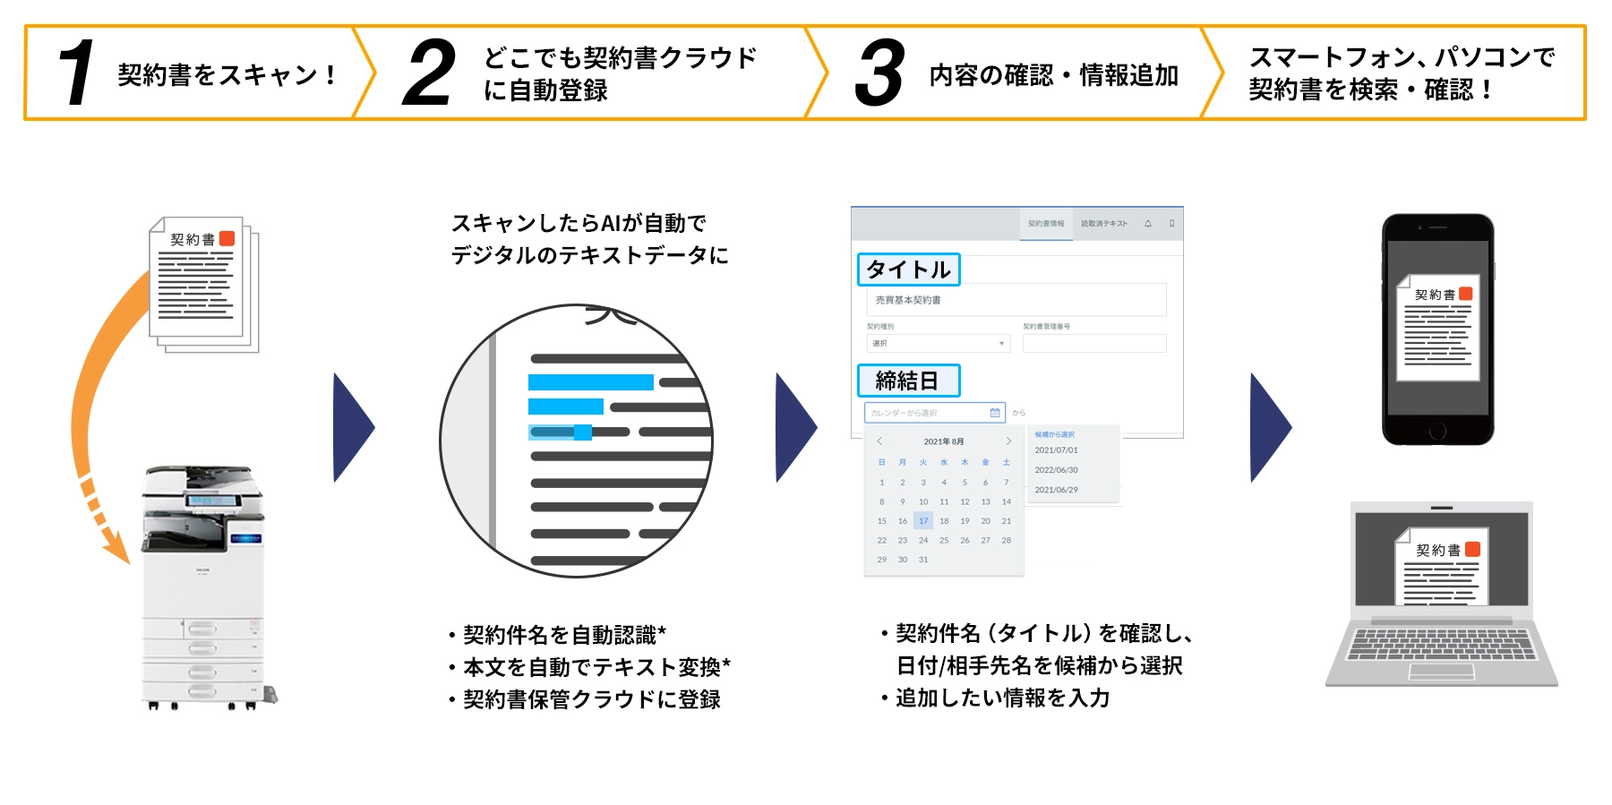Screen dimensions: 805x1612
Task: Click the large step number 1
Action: tap(77, 73)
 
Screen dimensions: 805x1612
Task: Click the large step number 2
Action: tap(429, 73)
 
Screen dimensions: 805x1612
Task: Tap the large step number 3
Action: tap(879, 73)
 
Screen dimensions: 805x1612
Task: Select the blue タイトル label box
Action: tap(908, 270)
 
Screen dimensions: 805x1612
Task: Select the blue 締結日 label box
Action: tap(908, 381)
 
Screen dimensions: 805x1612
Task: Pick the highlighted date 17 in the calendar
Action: tap(923, 520)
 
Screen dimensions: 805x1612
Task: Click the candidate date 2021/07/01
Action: tap(1057, 450)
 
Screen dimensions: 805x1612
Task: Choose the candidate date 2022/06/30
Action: tap(1057, 470)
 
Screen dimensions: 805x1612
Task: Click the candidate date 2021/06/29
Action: tap(1057, 490)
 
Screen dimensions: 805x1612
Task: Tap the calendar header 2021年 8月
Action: tap(944, 441)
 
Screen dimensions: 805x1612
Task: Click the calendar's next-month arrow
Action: tap(1008, 441)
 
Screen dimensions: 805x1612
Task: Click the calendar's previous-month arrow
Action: tap(880, 441)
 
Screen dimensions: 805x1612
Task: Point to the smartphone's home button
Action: tap(1437, 431)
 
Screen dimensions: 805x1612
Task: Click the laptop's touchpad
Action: tap(1441, 671)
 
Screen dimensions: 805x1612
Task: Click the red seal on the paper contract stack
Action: tap(227, 238)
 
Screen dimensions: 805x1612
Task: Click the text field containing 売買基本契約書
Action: tap(1016, 300)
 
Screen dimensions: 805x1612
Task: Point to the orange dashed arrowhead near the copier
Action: tap(117, 548)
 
